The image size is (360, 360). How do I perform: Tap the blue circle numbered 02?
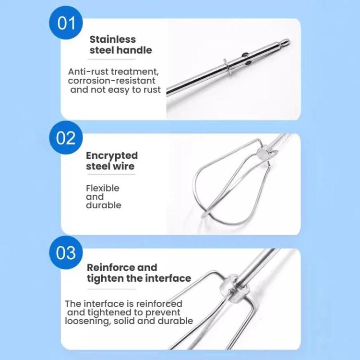coord(66,138)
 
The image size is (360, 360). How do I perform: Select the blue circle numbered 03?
coord(66,252)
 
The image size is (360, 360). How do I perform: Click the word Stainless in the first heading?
coord(112,39)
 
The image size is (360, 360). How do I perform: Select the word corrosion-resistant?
coord(112,81)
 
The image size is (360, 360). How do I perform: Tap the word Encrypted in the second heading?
coord(111,156)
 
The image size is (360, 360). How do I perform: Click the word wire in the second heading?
coord(124,167)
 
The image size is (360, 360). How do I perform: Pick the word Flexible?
coord(102,188)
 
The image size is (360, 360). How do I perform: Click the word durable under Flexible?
coord(103,205)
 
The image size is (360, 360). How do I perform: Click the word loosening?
coord(87,321)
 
